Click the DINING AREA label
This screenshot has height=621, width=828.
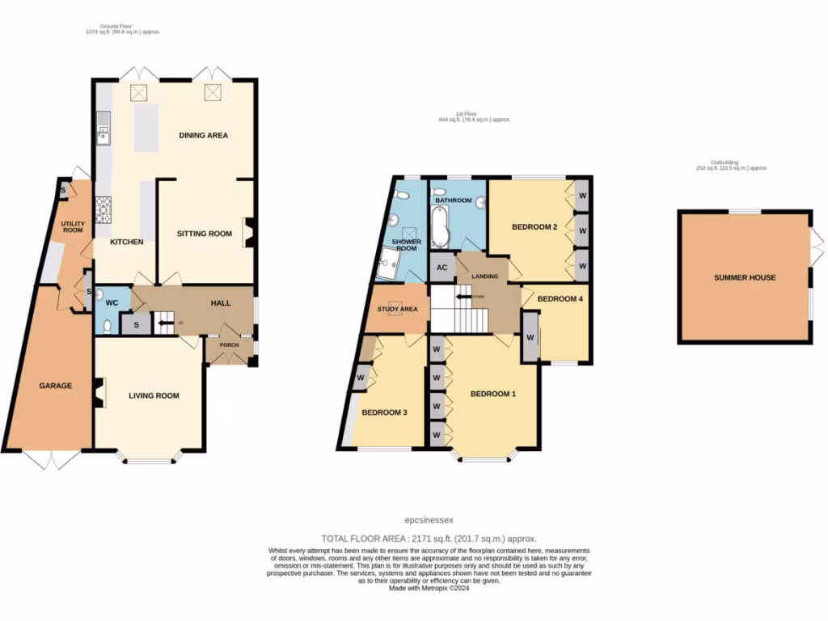pyautogui.click(x=203, y=135)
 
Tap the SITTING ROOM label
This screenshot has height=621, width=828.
pyautogui.click(x=204, y=234)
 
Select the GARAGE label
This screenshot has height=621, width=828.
pyautogui.click(x=55, y=386)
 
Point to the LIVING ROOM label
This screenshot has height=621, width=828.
pyautogui.click(x=154, y=395)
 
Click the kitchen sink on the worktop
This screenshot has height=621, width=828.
pyautogui.click(x=103, y=128)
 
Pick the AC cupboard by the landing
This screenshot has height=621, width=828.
pyautogui.click(x=441, y=268)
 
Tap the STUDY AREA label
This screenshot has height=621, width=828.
pyautogui.click(x=397, y=308)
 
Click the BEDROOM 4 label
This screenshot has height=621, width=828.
pyautogui.click(x=560, y=298)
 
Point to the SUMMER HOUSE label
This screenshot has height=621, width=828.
pyautogui.click(x=745, y=277)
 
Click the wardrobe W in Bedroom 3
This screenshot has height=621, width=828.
pyautogui.click(x=361, y=376)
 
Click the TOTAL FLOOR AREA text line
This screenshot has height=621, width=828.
pyautogui.click(x=429, y=538)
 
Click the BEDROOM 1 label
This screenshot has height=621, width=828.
pyautogui.click(x=493, y=394)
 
